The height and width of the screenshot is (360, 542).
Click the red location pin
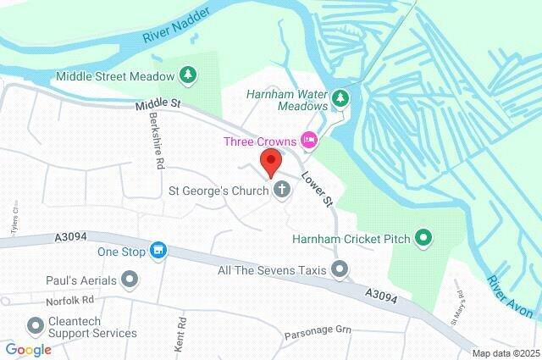pyautogui.click(x=271, y=162)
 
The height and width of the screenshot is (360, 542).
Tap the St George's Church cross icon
pyautogui.click(x=281, y=191)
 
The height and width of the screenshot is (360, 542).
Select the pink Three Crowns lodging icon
pyautogui.click(x=310, y=140)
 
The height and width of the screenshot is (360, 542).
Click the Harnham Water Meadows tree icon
pyautogui.click(x=340, y=98)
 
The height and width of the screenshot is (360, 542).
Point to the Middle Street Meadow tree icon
pyautogui.click(x=188, y=76)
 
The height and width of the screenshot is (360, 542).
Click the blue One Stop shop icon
pyautogui.click(x=157, y=251)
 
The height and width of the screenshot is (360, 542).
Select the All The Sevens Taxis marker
pyautogui.click(x=340, y=269)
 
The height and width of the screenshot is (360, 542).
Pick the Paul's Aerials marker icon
pyautogui.click(x=129, y=279)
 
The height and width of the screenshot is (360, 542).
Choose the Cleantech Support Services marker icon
pyautogui.click(x=36, y=325)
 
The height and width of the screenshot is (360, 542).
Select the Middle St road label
pyautogui.click(x=158, y=103)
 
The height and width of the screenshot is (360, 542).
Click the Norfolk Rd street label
pyautogui.click(x=69, y=300)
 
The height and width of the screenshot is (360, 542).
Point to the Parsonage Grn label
pyautogui.click(x=318, y=330)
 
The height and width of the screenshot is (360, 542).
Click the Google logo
pyautogui.click(x=28, y=349)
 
